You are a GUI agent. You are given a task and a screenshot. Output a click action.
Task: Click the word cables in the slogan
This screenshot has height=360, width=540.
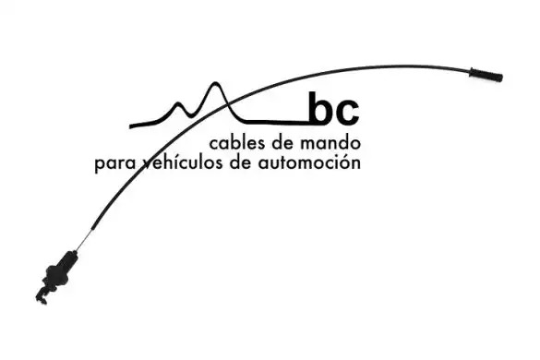point(238,143)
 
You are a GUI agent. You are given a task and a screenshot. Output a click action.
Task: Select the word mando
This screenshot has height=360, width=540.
point(330,143)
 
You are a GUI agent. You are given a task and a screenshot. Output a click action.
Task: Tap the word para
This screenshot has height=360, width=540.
point(115,164)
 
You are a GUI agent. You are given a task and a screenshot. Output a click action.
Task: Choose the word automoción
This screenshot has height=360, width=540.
point(309,162)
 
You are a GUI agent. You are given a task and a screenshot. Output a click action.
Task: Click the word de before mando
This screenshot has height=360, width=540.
point(283,143)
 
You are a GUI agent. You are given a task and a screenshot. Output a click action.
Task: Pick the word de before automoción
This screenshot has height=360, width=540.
point(241,162)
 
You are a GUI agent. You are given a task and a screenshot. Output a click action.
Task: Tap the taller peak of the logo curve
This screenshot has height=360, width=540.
point(216,83)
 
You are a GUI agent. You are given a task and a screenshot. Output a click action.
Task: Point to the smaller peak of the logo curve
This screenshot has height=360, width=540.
point(178,103)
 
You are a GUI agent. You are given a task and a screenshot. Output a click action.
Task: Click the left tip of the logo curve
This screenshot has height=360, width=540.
point(130,126)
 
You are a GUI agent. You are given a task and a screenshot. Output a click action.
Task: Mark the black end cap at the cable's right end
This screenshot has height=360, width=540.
point(486,75)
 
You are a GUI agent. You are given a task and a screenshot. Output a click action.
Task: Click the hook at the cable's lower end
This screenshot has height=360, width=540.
point(42,297)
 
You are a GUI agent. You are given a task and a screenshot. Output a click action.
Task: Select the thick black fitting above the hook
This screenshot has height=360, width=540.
point(60,270)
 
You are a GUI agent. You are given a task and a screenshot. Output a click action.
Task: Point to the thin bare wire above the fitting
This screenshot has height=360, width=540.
point(84,240)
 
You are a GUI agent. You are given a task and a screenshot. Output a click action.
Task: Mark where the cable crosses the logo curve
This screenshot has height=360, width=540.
point(228,102)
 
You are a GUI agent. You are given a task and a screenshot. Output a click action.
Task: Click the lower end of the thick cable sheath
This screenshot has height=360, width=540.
point(92,229)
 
